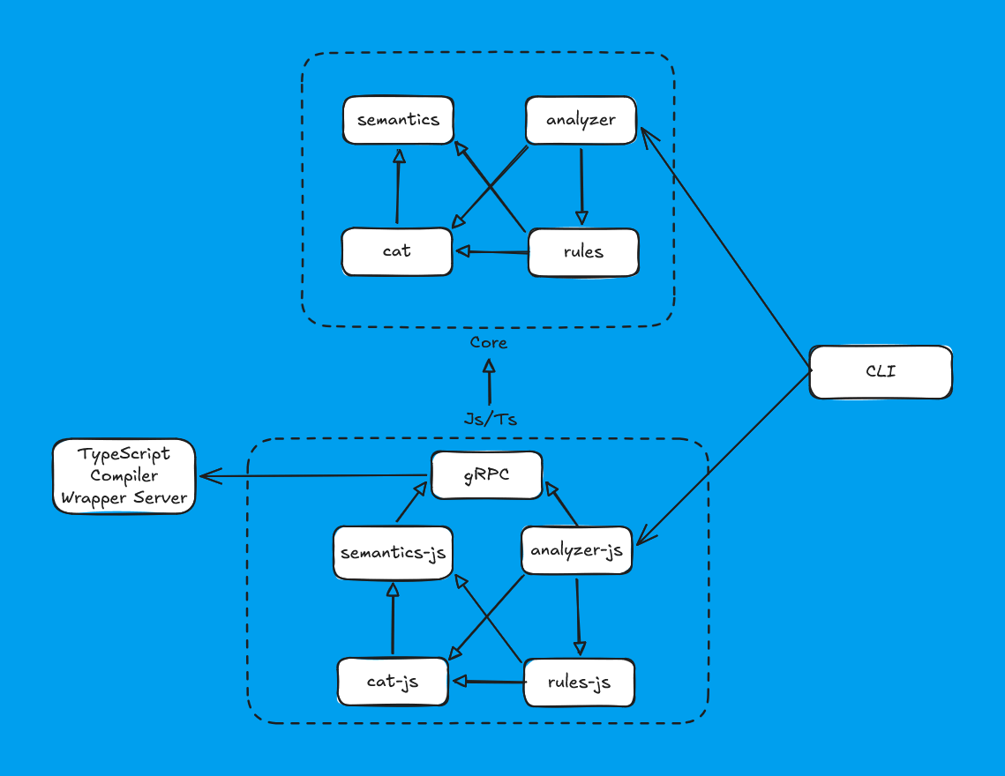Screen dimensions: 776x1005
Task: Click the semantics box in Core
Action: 397,120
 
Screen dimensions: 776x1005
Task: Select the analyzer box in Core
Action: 581,120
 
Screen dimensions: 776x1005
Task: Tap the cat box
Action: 397,251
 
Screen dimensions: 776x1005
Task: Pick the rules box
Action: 582,252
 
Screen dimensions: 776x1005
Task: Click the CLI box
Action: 881,371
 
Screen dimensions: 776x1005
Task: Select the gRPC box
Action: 486,476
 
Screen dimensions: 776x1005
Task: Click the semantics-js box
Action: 393,554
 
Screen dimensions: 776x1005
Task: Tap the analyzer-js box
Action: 576,550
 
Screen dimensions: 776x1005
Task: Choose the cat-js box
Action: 393,682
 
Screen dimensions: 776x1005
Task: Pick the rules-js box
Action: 579,682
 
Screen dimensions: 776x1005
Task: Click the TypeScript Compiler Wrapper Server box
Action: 124,476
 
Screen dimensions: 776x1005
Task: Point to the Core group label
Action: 488,342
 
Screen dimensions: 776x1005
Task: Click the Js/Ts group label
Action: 490,419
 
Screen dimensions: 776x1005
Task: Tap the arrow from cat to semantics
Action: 398,187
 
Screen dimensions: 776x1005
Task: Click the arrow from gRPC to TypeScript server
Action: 314,476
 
